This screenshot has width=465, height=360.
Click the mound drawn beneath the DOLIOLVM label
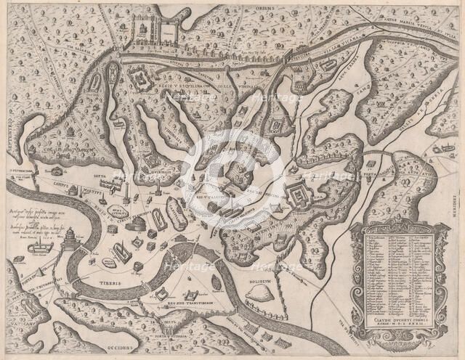256,291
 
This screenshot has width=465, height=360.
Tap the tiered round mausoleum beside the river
70,239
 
